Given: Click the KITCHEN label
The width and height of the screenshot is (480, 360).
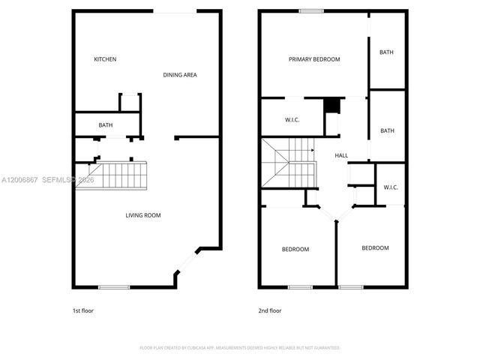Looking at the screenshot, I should [105, 59].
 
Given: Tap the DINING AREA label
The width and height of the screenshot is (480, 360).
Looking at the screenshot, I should [180, 75].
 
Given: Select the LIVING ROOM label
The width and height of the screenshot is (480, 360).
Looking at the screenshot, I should [142, 215].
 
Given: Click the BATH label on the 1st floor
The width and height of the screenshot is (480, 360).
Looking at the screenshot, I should [106, 125].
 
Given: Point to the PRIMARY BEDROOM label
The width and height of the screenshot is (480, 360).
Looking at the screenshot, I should [314, 59].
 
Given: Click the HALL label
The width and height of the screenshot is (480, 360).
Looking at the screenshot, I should [341, 155].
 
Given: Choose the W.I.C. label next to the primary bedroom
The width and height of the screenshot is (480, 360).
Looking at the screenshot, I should [292, 120].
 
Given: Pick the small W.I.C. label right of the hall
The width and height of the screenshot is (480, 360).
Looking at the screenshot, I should [390, 187].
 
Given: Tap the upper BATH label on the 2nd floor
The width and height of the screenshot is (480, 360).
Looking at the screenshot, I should [386, 52].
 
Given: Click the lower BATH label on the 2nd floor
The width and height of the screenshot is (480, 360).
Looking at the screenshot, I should [387, 130].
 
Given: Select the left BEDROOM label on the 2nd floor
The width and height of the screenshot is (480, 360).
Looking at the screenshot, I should [295, 249].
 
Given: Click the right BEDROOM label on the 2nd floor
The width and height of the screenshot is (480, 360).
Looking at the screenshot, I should [375, 247].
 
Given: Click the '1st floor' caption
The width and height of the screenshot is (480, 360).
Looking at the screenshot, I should [82, 310].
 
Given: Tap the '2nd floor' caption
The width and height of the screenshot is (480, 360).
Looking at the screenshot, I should [270, 310].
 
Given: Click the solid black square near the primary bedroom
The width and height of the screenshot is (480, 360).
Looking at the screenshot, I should [329, 106].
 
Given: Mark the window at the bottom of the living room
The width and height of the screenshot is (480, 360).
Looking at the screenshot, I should [113, 286].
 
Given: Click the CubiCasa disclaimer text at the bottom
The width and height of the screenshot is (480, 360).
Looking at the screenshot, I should [240, 348].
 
